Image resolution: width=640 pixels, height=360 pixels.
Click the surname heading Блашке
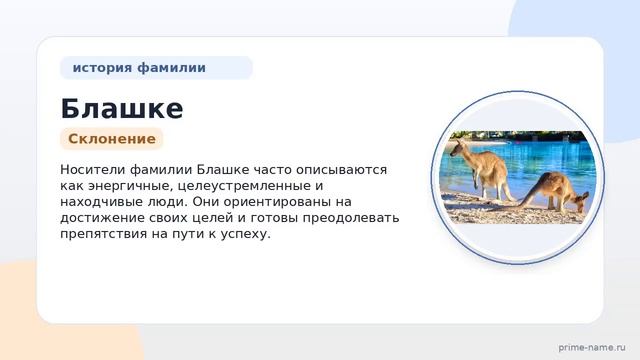122,109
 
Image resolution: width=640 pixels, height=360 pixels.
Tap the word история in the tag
102,67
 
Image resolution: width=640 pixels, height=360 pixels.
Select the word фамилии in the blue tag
171,67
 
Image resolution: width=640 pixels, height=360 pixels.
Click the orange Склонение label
112,139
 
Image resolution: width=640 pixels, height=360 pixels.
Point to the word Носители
92,169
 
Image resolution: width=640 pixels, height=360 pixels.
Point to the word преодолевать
351,218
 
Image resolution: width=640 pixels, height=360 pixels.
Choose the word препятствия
103,234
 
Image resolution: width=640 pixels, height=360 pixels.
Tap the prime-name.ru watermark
592,347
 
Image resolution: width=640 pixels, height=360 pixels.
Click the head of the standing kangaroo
457,147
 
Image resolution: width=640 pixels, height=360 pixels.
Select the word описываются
341,169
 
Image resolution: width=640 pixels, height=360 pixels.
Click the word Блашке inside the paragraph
223,169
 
